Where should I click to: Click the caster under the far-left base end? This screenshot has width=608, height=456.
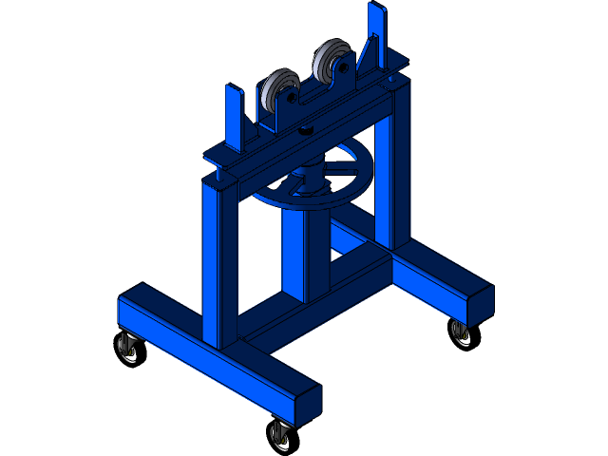tap(127, 348)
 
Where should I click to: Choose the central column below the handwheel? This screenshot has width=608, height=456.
tap(304, 252)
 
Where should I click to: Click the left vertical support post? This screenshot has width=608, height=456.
tap(217, 266)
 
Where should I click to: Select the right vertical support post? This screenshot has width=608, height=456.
tap(387, 171)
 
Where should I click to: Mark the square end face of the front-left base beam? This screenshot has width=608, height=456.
tap(307, 403)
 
